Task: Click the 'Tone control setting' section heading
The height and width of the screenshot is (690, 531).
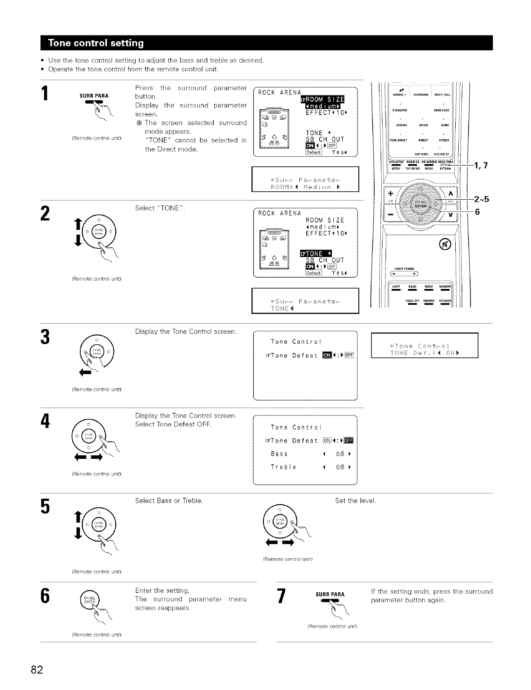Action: point(96,43)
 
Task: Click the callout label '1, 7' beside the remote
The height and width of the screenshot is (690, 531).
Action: point(479,165)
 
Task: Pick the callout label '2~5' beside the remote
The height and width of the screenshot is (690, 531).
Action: point(481,199)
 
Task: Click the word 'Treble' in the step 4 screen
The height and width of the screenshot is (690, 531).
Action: point(283,467)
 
